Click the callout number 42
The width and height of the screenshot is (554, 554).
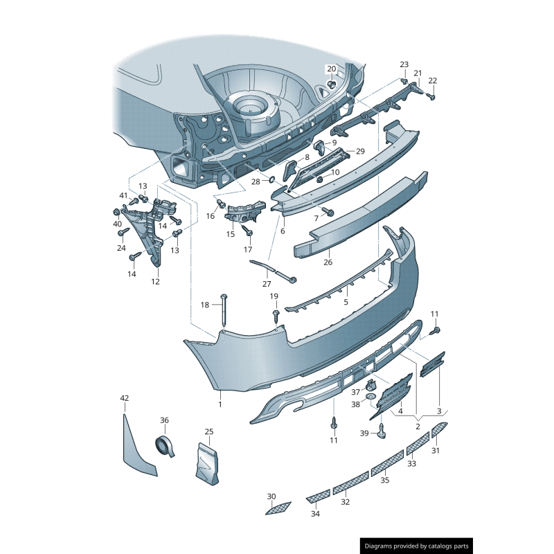[x=125, y=398]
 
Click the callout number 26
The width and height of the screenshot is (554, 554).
[x=328, y=262]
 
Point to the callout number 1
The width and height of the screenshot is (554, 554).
[x=220, y=404]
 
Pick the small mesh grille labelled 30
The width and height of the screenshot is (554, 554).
[x=278, y=509]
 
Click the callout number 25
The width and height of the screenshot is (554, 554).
[x=209, y=431]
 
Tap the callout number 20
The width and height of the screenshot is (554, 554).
[x=331, y=69]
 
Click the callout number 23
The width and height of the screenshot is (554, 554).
[x=404, y=64]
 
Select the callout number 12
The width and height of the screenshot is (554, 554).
[x=155, y=281]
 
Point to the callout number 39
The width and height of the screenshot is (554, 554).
[x=364, y=433]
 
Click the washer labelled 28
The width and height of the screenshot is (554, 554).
[x=271, y=180]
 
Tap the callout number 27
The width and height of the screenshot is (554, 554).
[x=267, y=283]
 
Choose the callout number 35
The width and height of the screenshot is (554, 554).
[x=385, y=480]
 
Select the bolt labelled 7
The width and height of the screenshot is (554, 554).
[x=329, y=211]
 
